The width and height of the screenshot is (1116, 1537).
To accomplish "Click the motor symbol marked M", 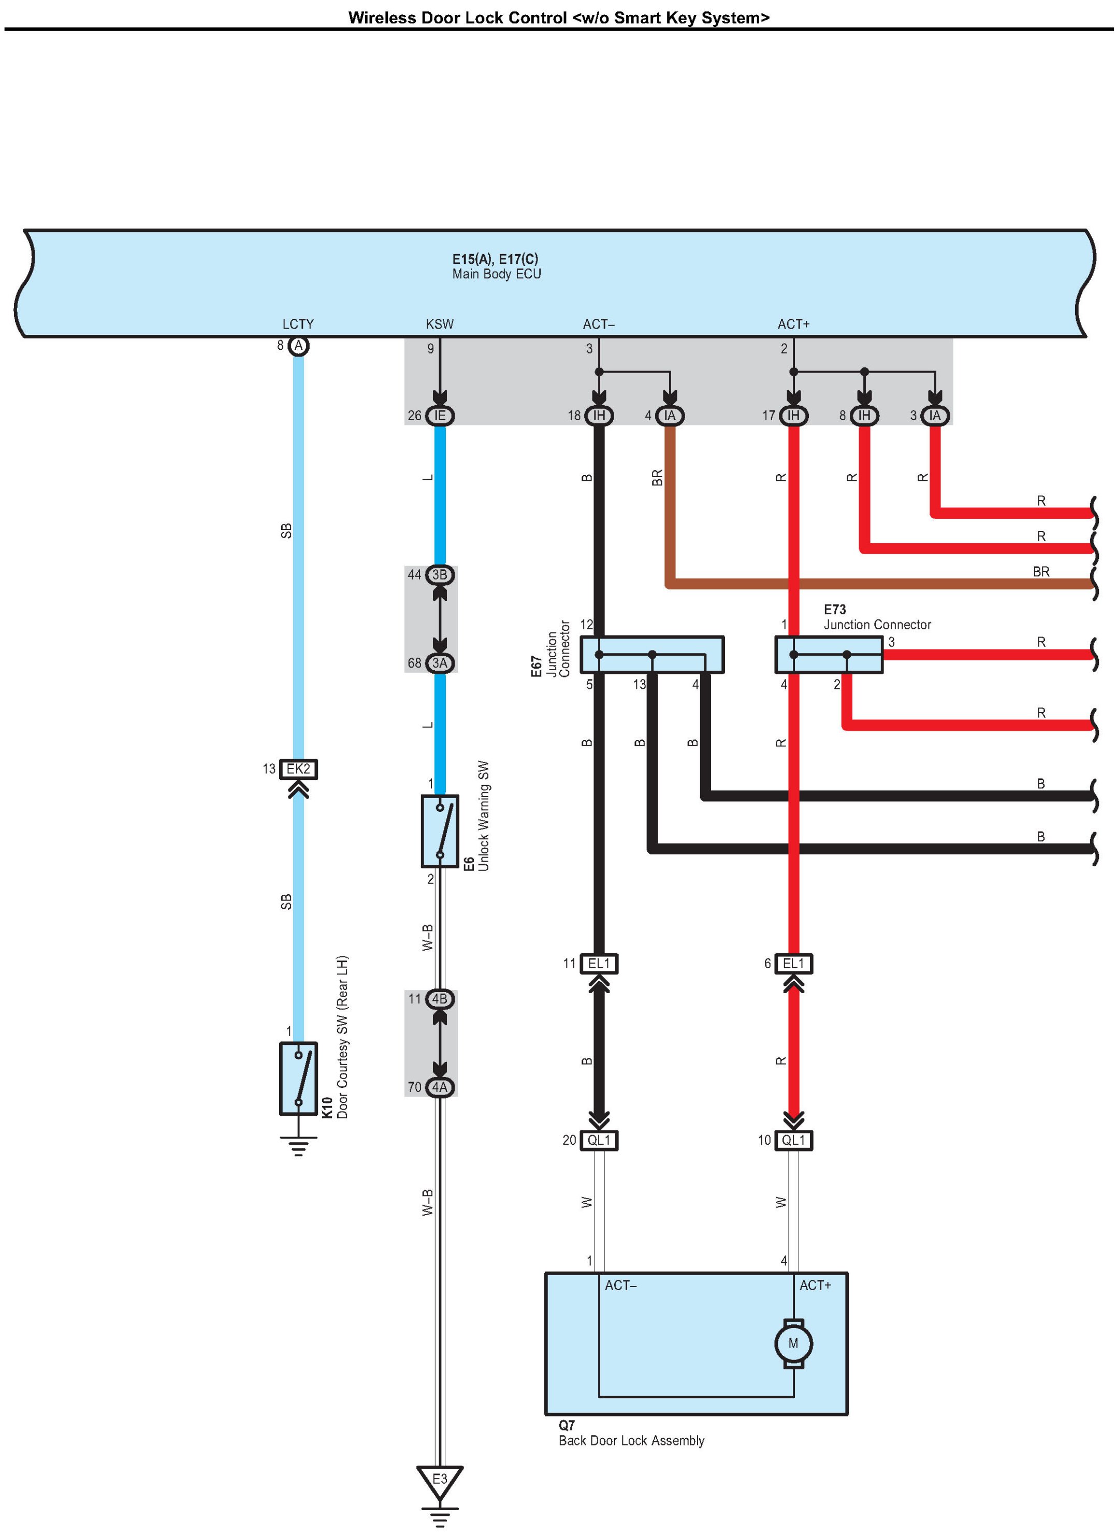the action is pyautogui.click(x=793, y=1343).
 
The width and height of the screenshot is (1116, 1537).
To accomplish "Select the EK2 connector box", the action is pyautogui.click(x=298, y=768).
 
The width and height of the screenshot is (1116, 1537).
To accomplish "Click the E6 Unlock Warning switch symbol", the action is pyautogui.click(x=439, y=831).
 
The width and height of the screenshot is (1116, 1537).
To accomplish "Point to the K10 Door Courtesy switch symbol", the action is pyautogui.click(x=298, y=1078).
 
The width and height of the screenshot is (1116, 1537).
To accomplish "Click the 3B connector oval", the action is pyautogui.click(x=439, y=574).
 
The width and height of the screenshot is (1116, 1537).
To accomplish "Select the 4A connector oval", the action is pyautogui.click(x=439, y=1087).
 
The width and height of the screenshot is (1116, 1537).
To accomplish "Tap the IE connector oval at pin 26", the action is pyautogui.click(x=439, y=416).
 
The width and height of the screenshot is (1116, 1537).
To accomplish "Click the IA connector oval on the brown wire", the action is pyautogui.click(x=670, y=416).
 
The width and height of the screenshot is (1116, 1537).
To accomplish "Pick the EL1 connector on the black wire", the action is pyautogui.click(x=599, y=964).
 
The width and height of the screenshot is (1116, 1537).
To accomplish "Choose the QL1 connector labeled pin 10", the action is pyautogui.click(x=794, y=1140).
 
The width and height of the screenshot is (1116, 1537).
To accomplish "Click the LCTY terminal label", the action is pyautogui.click(x=298, y=324).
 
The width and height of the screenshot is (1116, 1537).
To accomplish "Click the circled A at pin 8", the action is pyautogui.click(x=298, y=346).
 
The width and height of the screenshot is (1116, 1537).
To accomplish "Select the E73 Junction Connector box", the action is pyautogui.click(x=829, y=655).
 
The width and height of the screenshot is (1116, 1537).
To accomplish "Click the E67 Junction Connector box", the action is pyautogui.click(x=652, y=655).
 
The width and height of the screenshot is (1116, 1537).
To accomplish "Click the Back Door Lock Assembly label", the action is pyautogui.click(x=631, y=1440).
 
